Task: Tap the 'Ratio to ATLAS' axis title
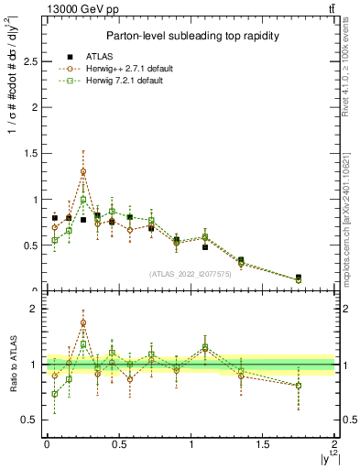(11, 364)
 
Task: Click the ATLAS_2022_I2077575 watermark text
(191, 273)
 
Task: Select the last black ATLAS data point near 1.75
(299, 278)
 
